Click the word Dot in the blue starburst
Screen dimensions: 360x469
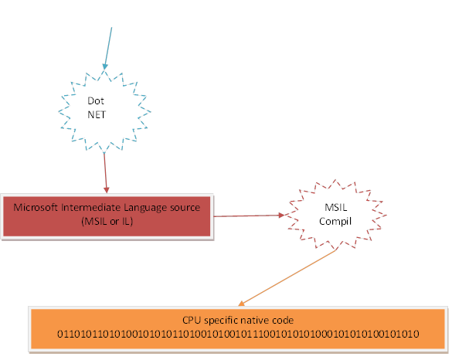point(96,101)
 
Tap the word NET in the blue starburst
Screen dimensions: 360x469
point(96,115)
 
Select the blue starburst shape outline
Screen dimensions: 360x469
point(62,108)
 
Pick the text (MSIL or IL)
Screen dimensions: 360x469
point(108,222)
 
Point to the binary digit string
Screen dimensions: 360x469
point(238,335)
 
